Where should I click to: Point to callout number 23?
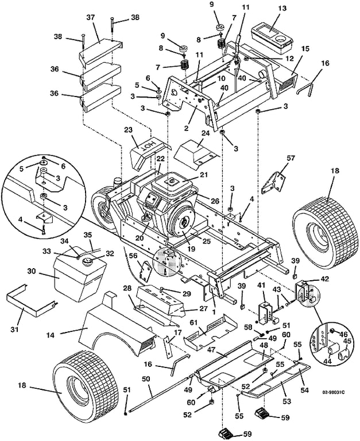(x=129, y=130)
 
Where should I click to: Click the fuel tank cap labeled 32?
(x=89, y=262)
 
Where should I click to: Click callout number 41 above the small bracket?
(x=261, y=285)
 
